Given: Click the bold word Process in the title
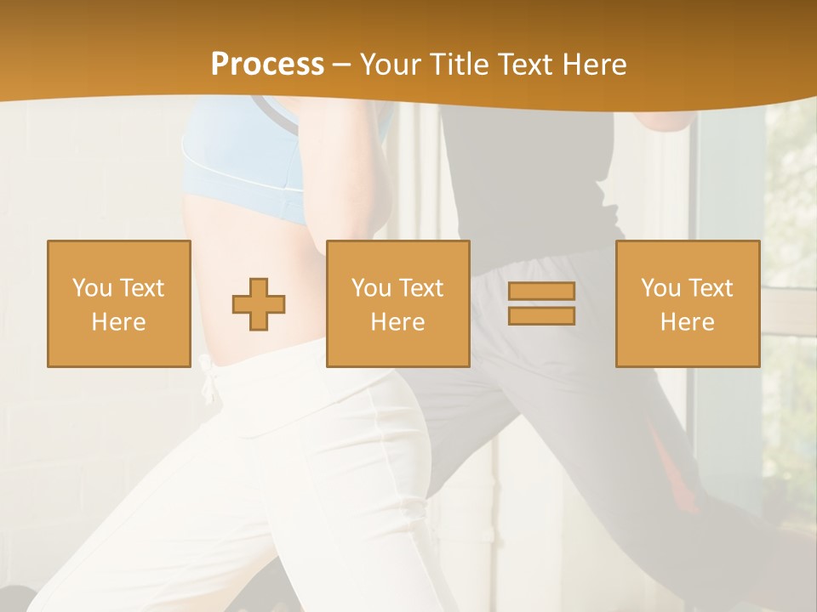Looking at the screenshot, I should pyautogui.click(x=267, y=65).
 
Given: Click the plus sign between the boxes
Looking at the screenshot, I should pyautogui.click(x=259, y=304).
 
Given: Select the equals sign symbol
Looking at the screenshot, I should pyautogui.click(x=541, y=303).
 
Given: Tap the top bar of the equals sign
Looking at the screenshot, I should pyautogui.click(x=541, y=292).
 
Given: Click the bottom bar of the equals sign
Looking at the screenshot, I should pyautogui.click(x=541, y=315).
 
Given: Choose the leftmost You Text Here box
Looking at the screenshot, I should pyautogui.click(x=119, y=303).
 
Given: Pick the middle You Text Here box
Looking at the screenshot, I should pyautogui.click(x=398, y=303).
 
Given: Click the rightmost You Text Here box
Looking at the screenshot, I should pyautogui.click(x=688, y=303).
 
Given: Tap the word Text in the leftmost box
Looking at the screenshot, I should pyautogui.click(x=141, y=288).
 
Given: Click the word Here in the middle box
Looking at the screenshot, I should pyautogui.click(x=398, y=322).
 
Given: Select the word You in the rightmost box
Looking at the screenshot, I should pyautogui.click(x=660, y=288).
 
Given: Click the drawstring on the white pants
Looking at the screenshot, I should pyautogui.click(x=206, y=378).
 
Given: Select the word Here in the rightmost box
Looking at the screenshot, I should pyautogui.click(x=688, y=322).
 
